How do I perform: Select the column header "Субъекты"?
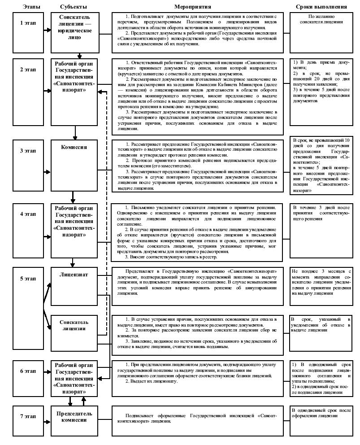point(74,7)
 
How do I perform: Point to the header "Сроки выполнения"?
point(321,7)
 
